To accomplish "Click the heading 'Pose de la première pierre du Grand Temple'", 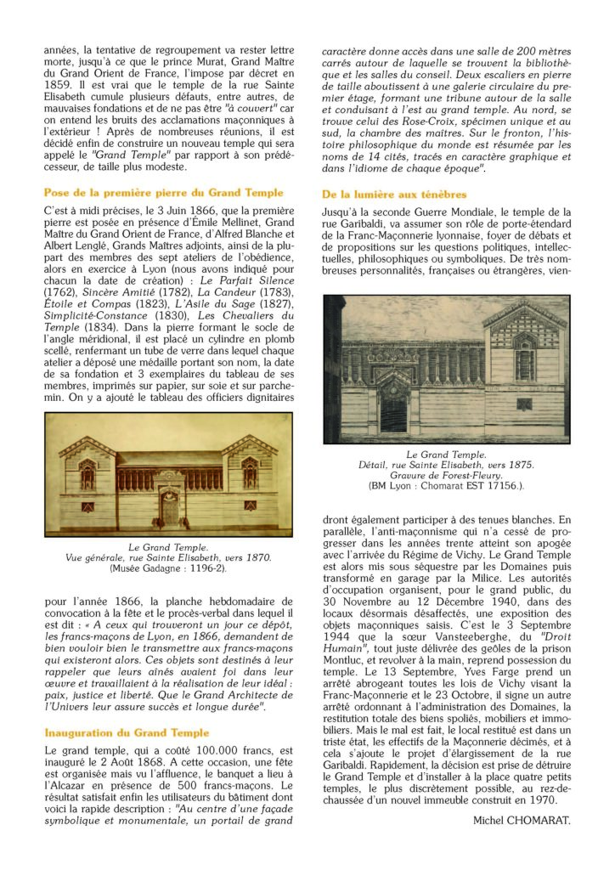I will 163,193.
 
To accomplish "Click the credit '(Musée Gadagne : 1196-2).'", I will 168,568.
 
